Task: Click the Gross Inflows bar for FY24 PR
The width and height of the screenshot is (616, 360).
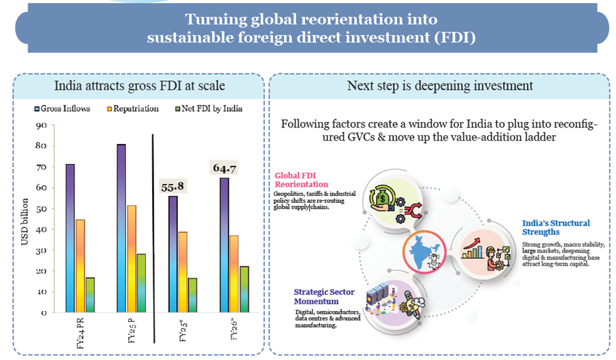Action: coord(70,238)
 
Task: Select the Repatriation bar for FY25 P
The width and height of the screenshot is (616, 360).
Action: coord(131,258)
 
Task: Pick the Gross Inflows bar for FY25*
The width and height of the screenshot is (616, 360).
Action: coord(172,254)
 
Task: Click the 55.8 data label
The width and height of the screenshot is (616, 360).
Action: coord(172,186)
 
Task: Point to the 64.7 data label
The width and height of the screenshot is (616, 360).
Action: coord(223,168)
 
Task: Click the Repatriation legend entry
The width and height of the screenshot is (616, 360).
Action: coord(132,109)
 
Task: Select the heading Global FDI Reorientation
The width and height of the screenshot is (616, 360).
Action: coord(301,180)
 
